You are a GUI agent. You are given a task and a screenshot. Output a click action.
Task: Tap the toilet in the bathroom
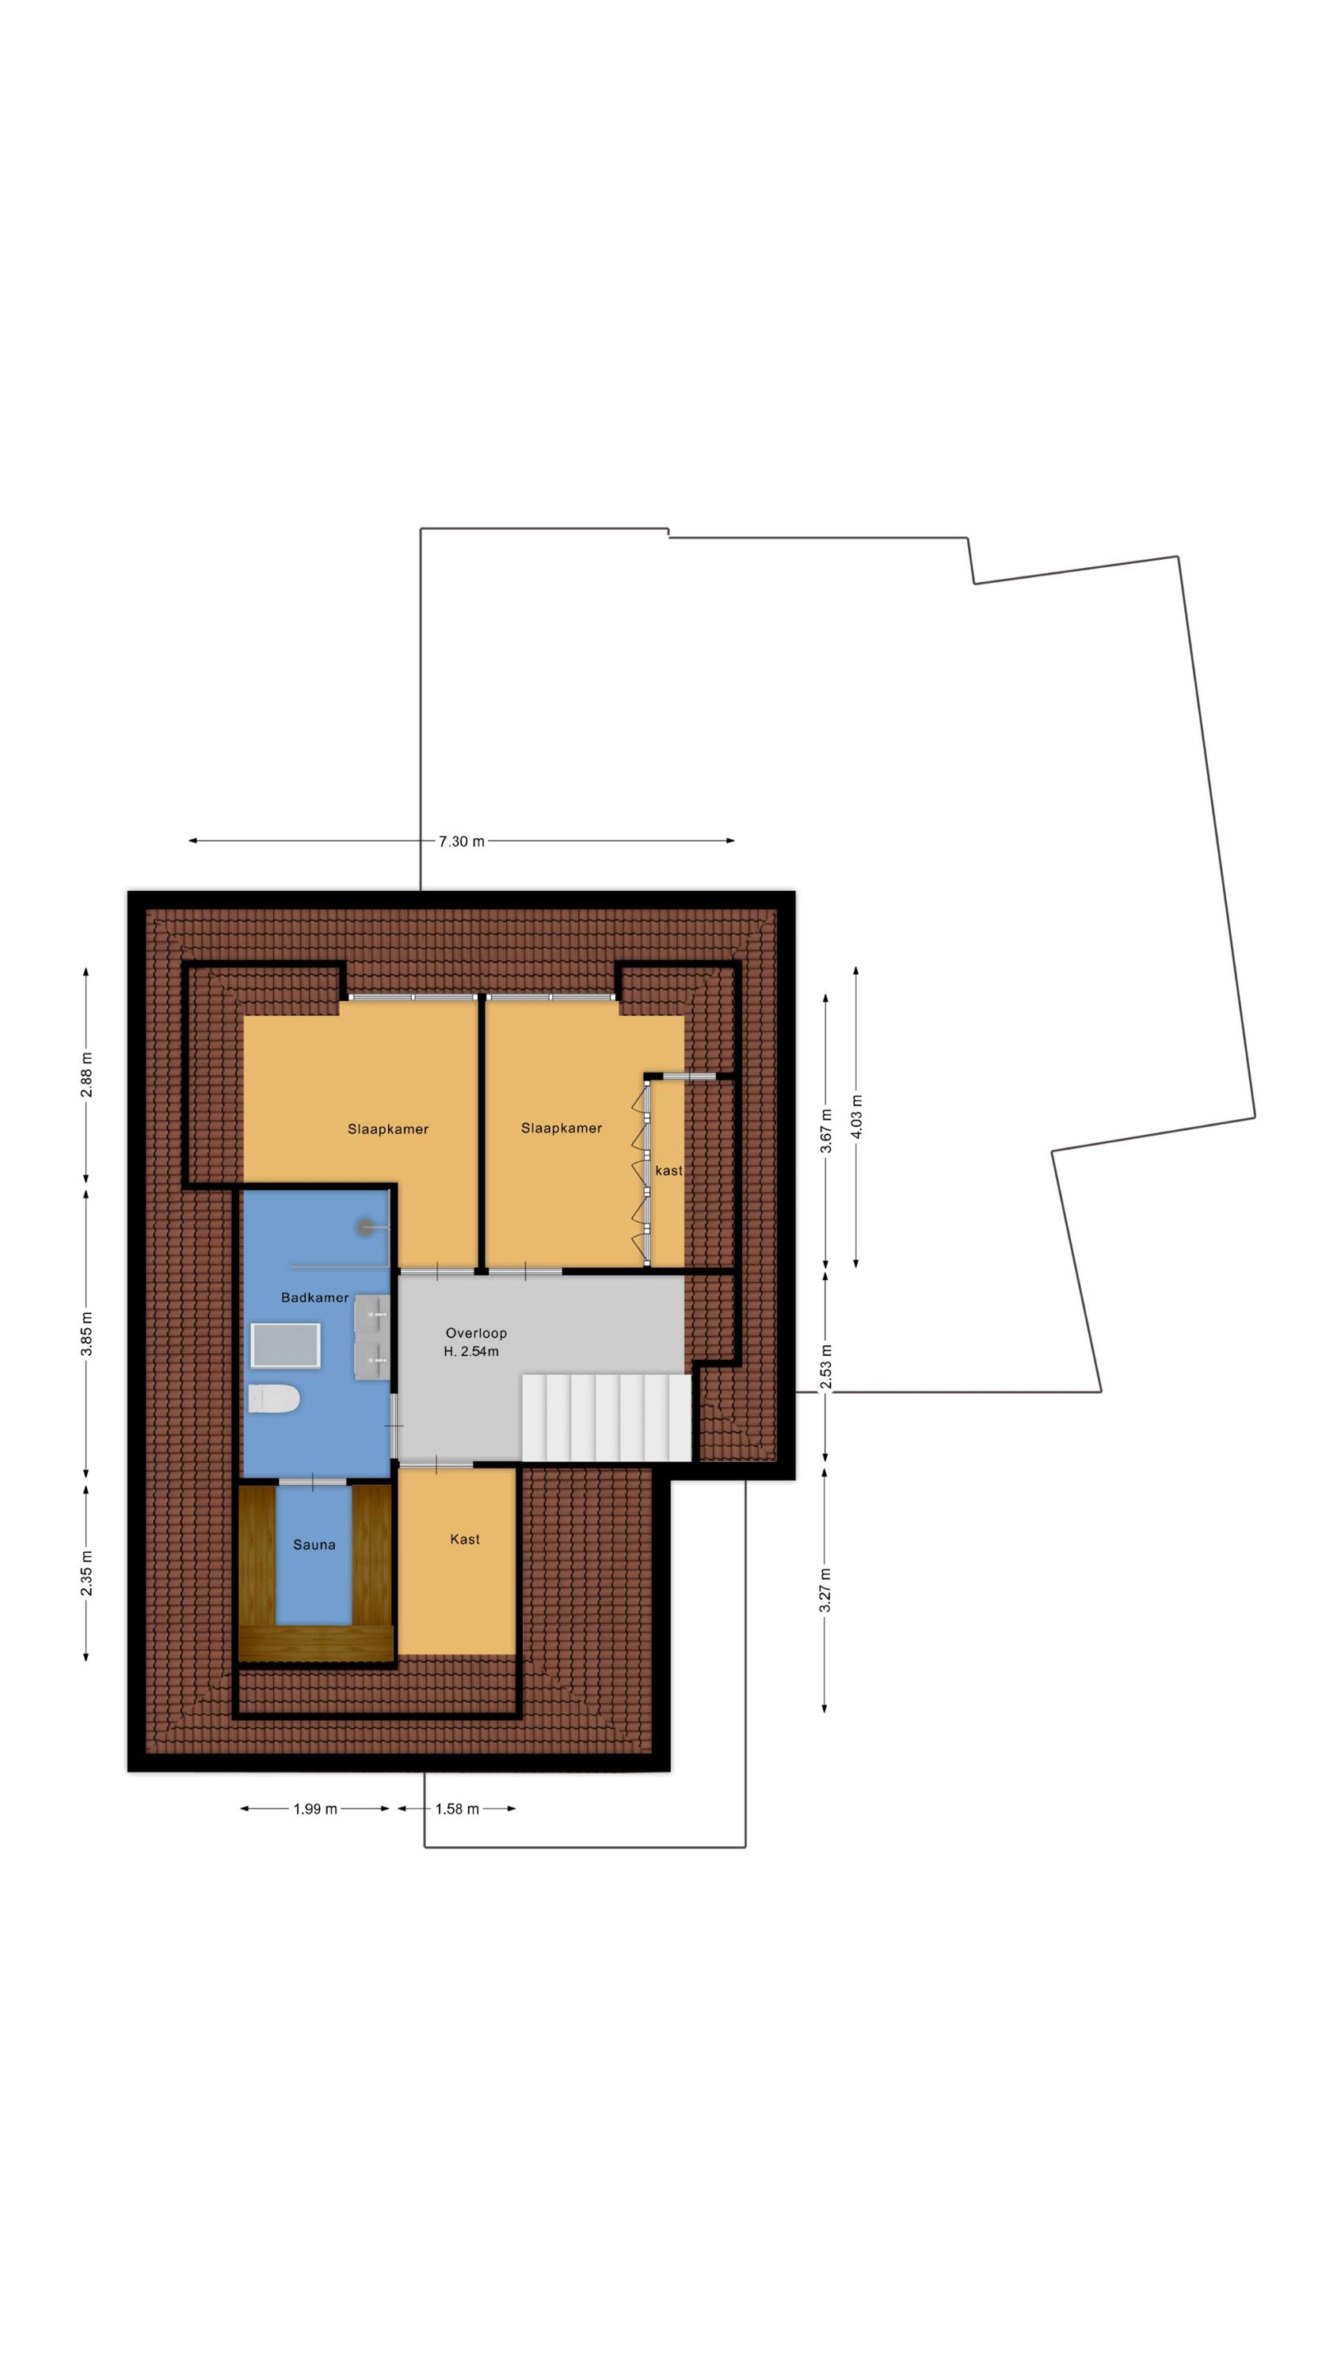[274, 1399]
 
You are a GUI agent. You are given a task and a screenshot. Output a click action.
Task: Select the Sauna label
[314, 1545]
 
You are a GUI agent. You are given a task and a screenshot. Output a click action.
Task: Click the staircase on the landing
[606, 1418]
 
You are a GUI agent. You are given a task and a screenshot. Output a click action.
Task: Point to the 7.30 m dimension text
[461, 841]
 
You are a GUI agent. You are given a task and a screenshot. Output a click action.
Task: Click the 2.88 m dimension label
[86, 1075]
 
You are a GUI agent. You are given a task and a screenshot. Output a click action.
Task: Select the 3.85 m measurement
[86, 1334]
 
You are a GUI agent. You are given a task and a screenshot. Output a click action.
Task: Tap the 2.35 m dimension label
[86, 1574]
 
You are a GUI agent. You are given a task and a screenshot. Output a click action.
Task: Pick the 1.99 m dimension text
[315, 1809]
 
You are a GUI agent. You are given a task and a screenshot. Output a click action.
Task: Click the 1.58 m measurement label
[457, 1809]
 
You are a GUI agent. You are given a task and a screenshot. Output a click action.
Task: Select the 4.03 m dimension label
[856, 1116]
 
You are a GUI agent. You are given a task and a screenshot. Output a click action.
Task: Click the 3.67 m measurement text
[826, 1131]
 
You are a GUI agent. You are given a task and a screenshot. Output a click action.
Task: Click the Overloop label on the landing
[476, 1333]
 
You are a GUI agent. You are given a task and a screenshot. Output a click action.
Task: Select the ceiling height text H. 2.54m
[470, 1351]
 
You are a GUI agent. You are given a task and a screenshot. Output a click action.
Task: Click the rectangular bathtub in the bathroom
[286, 1346]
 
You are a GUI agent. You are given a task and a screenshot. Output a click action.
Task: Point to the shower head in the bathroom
[368, 1226]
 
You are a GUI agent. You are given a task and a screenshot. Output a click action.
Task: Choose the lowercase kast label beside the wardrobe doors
[669, 1171]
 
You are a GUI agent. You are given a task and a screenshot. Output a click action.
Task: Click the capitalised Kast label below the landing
[465, 1540]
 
